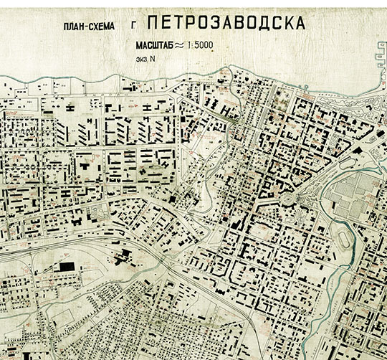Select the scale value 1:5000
[x=198, y=45]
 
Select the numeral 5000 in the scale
[x=202, y=45]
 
